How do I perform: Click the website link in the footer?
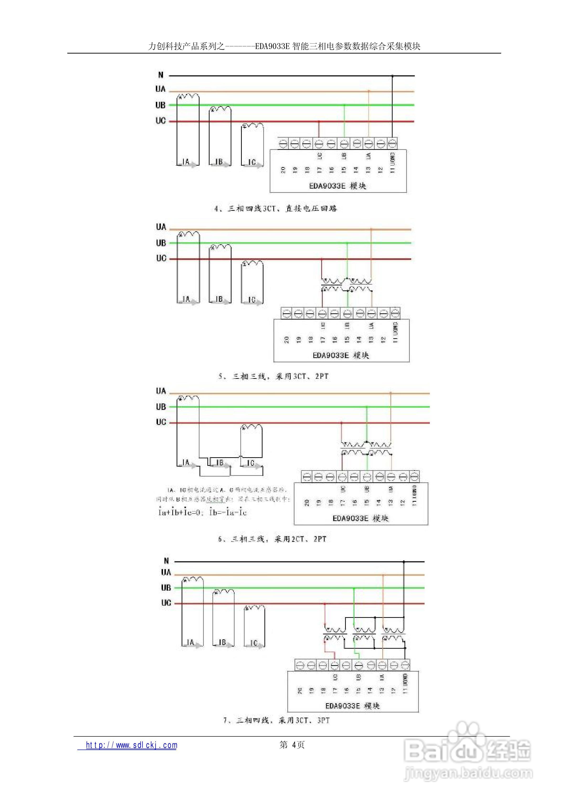click(x=131, y=745)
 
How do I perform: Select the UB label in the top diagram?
click(x=160, y=105)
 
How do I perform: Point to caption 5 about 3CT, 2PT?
click(x=273, y=376)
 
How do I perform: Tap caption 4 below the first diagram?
click(x=276, y=209)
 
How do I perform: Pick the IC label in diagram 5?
click(x=252, y=300)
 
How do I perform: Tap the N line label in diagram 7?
click(x=166, y=561)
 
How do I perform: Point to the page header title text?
click(x=284, y=46)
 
